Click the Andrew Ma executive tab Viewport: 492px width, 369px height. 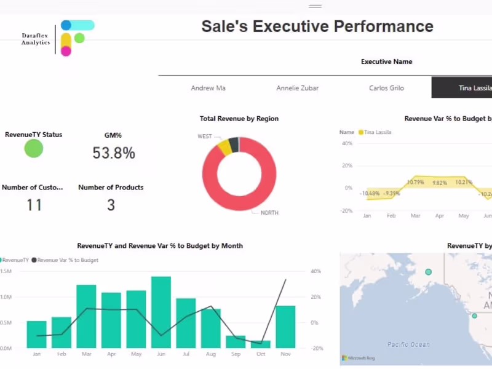point(208,88)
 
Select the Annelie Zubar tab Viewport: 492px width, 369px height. point(298,88)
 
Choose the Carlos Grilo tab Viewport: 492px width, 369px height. point(386,88)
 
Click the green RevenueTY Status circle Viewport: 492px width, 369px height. point(34,148)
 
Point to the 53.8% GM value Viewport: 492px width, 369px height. point(114,153)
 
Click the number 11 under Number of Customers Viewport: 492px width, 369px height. point(34,205)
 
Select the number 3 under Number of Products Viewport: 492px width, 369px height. point(111,205)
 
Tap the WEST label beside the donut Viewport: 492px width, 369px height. point(205,136)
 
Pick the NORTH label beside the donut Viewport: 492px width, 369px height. point(269,213)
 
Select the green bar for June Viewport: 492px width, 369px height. point(161,312)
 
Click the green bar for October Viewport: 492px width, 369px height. point(261,344)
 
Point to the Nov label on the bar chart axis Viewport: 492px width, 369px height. point(285,355)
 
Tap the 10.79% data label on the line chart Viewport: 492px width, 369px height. point(416,182)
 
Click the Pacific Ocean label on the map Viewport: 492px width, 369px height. point(409,344)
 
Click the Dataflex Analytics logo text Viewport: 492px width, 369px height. point(36,39)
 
